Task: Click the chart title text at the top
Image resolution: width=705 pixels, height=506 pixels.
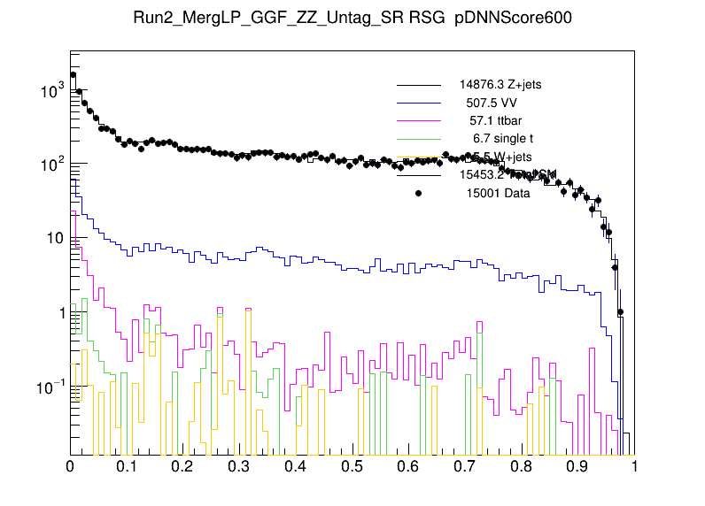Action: point(352,18)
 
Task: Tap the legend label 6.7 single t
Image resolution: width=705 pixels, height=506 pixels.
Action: point(503,139)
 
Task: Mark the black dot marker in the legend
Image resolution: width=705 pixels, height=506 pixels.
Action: point(418,194)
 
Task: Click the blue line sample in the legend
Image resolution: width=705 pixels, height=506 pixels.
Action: point(418,103)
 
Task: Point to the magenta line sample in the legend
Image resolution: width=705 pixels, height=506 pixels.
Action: point(418,120)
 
